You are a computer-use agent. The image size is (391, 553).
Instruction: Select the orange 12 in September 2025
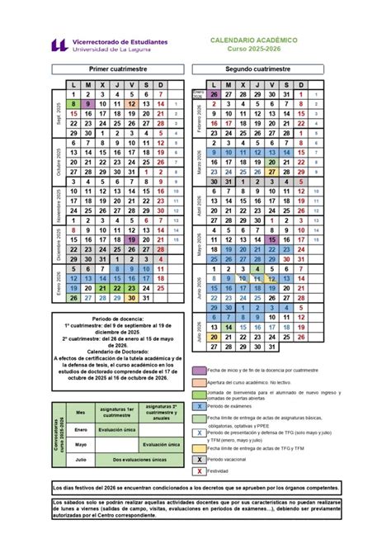(x=131, y=104)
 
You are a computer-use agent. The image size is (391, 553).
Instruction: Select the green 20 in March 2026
(x=271, y=163)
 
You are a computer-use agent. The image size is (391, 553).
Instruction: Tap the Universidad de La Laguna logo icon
(x=59, y=45)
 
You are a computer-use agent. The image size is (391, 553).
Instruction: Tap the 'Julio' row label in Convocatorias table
(x=81, y=459)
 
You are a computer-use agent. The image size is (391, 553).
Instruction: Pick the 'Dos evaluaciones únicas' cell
(x=135, y=459)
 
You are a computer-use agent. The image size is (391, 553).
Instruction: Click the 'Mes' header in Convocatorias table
(x=81, y=412)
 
